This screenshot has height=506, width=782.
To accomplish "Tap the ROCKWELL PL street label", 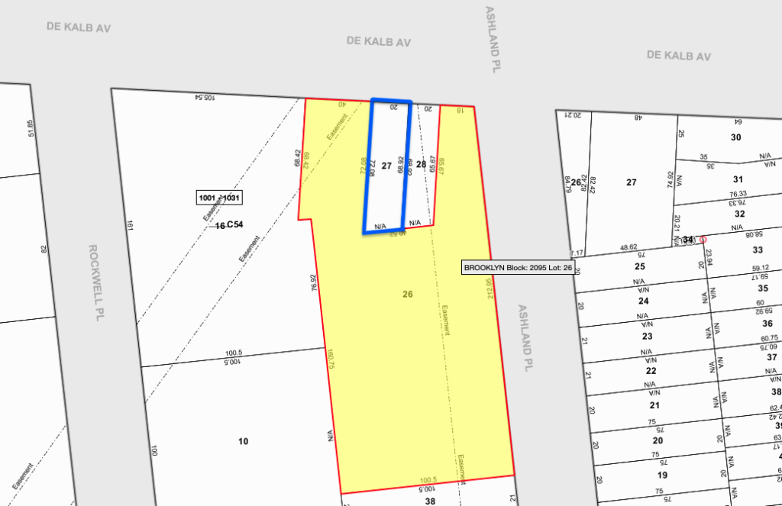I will (95, 282).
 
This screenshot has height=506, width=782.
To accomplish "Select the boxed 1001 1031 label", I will (220, 198).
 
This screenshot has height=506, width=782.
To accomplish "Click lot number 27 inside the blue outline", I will (386, 166).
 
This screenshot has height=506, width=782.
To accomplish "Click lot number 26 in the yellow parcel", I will (408, 294).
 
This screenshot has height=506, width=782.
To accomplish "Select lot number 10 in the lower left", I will (243, 441).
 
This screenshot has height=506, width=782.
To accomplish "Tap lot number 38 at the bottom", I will (430, 501).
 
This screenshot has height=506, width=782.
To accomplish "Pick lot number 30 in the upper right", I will (736, 137).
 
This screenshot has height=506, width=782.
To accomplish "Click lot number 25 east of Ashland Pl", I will (640, 267).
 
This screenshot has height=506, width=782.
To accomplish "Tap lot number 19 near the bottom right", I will (663, 475).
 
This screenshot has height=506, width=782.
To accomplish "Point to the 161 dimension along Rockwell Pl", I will (131, 225).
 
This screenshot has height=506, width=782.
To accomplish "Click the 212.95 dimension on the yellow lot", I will (489, 288).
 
